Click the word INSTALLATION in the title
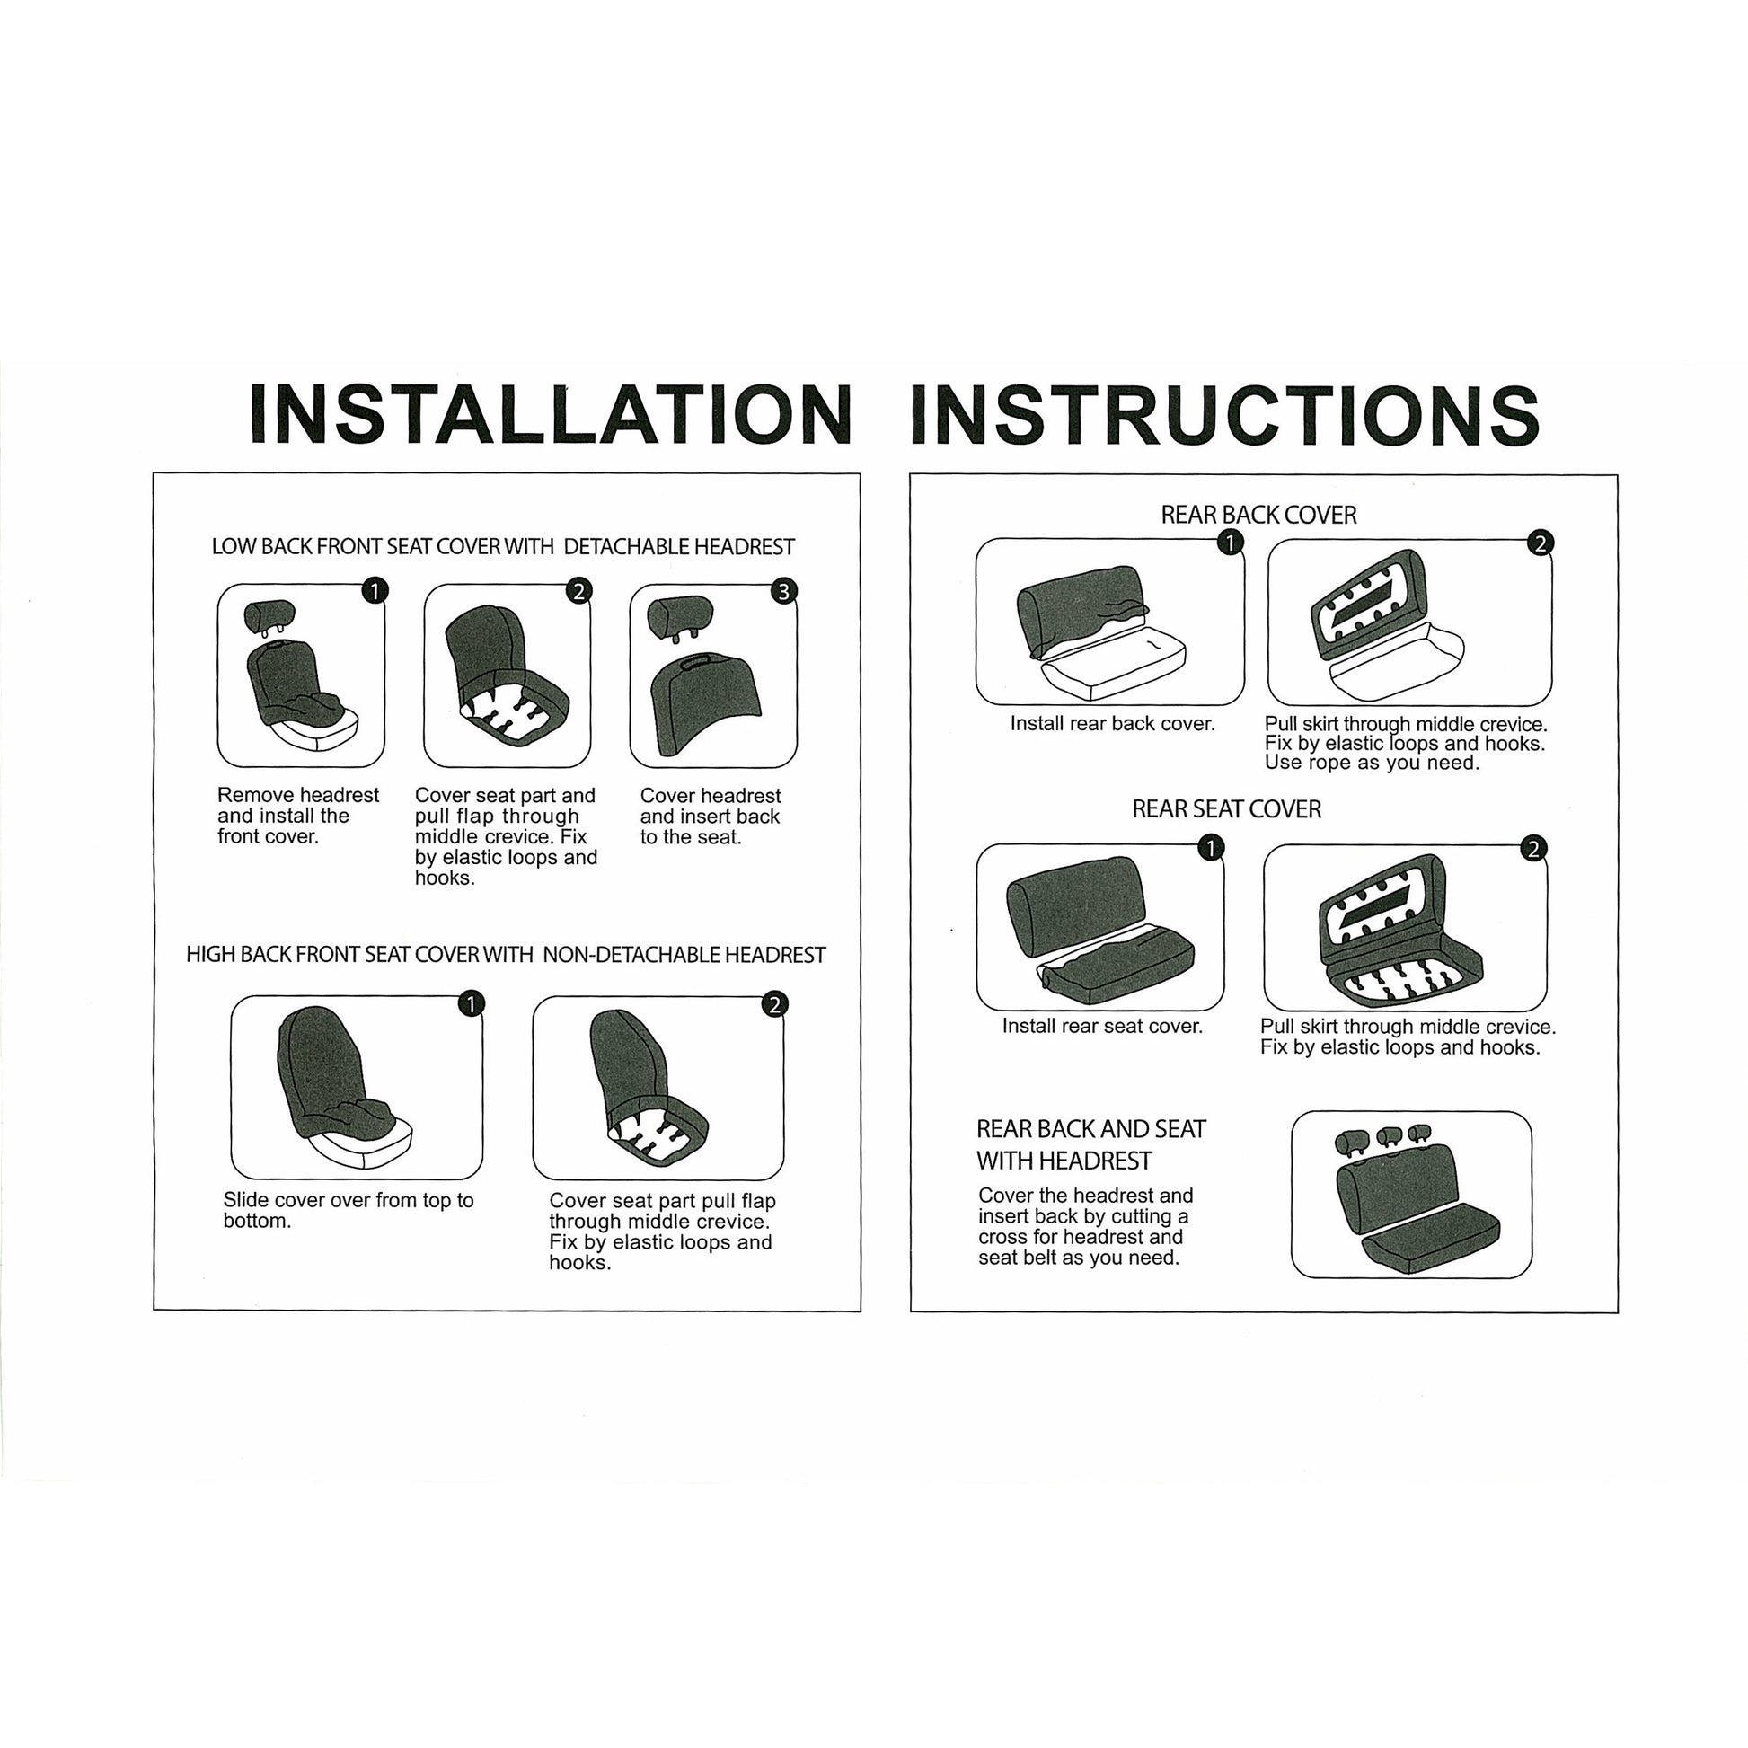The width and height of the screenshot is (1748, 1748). click(x=550, y=413)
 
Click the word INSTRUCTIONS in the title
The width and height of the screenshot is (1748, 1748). click(x=1225, y=413)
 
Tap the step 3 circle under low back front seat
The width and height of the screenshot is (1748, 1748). click(x=783, y=591)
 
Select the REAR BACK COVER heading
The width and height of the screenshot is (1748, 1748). click(x=1258, y=515)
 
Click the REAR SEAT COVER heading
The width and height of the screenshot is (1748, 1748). click(x=1226, y=808)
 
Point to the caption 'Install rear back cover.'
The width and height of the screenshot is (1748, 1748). click(x=1112, y=724)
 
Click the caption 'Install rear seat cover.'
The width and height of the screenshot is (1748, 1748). click(x=1102, y=1026)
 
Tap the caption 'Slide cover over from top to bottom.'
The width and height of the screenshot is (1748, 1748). click(x=349, y=1210)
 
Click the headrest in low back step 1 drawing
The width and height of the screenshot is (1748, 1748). click(x=269, y=616)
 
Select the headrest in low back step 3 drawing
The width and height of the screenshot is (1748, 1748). click(x=680, y=619)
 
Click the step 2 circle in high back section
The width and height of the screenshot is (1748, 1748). click(x=774, y=1004)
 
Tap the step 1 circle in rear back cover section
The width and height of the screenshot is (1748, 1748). click(x=1230, y=542)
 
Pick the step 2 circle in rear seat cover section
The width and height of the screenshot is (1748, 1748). click(x=1532, y=849)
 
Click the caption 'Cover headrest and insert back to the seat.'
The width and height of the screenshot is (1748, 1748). click(x=711, y=817)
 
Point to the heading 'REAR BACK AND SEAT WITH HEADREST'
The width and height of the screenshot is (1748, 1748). click(x=1091, y=1144)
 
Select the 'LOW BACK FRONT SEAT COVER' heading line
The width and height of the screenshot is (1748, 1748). click(x=503, y=546)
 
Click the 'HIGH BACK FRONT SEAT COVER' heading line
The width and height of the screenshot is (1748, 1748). click(x=506, y=955)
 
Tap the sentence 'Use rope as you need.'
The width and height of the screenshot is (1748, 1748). click(x=1372, y=763)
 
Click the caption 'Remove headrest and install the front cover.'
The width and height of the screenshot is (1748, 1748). click(x=297, y=816)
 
